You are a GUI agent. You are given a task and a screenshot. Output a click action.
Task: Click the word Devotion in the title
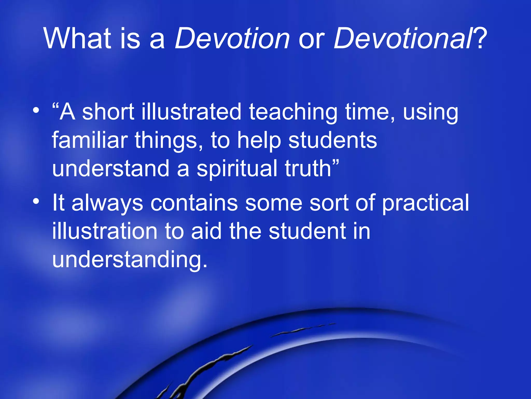[232, 39]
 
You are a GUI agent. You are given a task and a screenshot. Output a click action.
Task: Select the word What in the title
[78, 39]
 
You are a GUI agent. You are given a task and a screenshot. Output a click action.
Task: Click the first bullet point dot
[36, 111]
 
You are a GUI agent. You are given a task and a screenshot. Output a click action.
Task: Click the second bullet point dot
[36, 201]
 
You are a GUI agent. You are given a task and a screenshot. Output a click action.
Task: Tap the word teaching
[293, 112]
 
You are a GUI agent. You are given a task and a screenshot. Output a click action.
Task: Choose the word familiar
[90, 140]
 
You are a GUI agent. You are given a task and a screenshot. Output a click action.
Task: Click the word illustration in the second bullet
[105, 231]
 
